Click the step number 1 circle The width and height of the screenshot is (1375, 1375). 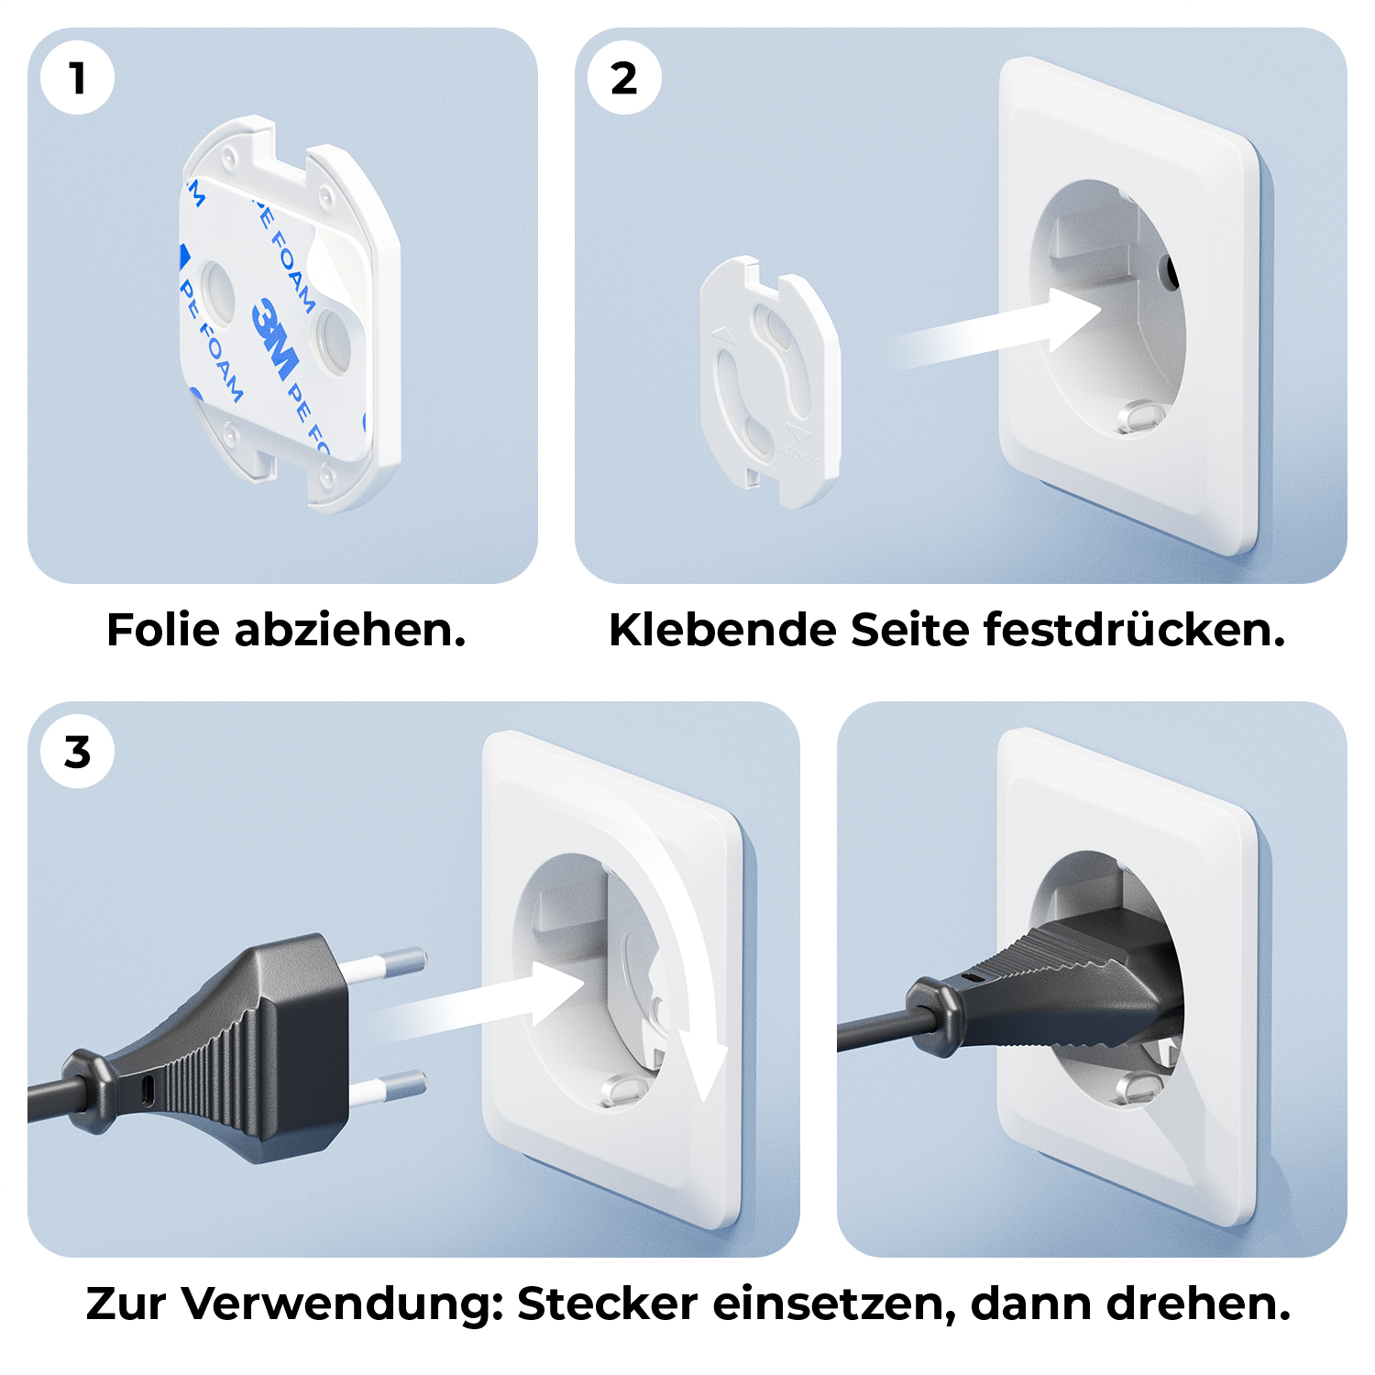tap(78, 78)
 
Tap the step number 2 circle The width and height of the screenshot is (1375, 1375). tap(624, 78)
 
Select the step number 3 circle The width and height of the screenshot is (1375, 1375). tap(78, 752)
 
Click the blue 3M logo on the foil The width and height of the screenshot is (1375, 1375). tap(276, 337)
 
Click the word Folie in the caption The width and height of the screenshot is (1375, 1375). tap(164, 630)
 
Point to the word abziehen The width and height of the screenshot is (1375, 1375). tap(350, 630)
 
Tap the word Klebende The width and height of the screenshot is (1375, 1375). tap(722, 630)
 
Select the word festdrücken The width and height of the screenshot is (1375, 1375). tap(1135, 630)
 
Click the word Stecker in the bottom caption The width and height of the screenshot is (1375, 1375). tap(607, 1303)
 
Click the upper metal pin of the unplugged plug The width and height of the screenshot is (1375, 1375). tap(385, 963)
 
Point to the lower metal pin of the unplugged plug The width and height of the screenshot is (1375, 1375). tap(387, 1086)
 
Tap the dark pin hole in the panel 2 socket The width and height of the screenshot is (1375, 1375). tap(1169, 269)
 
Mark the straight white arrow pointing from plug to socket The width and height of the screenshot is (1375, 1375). tap(481, 1004)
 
